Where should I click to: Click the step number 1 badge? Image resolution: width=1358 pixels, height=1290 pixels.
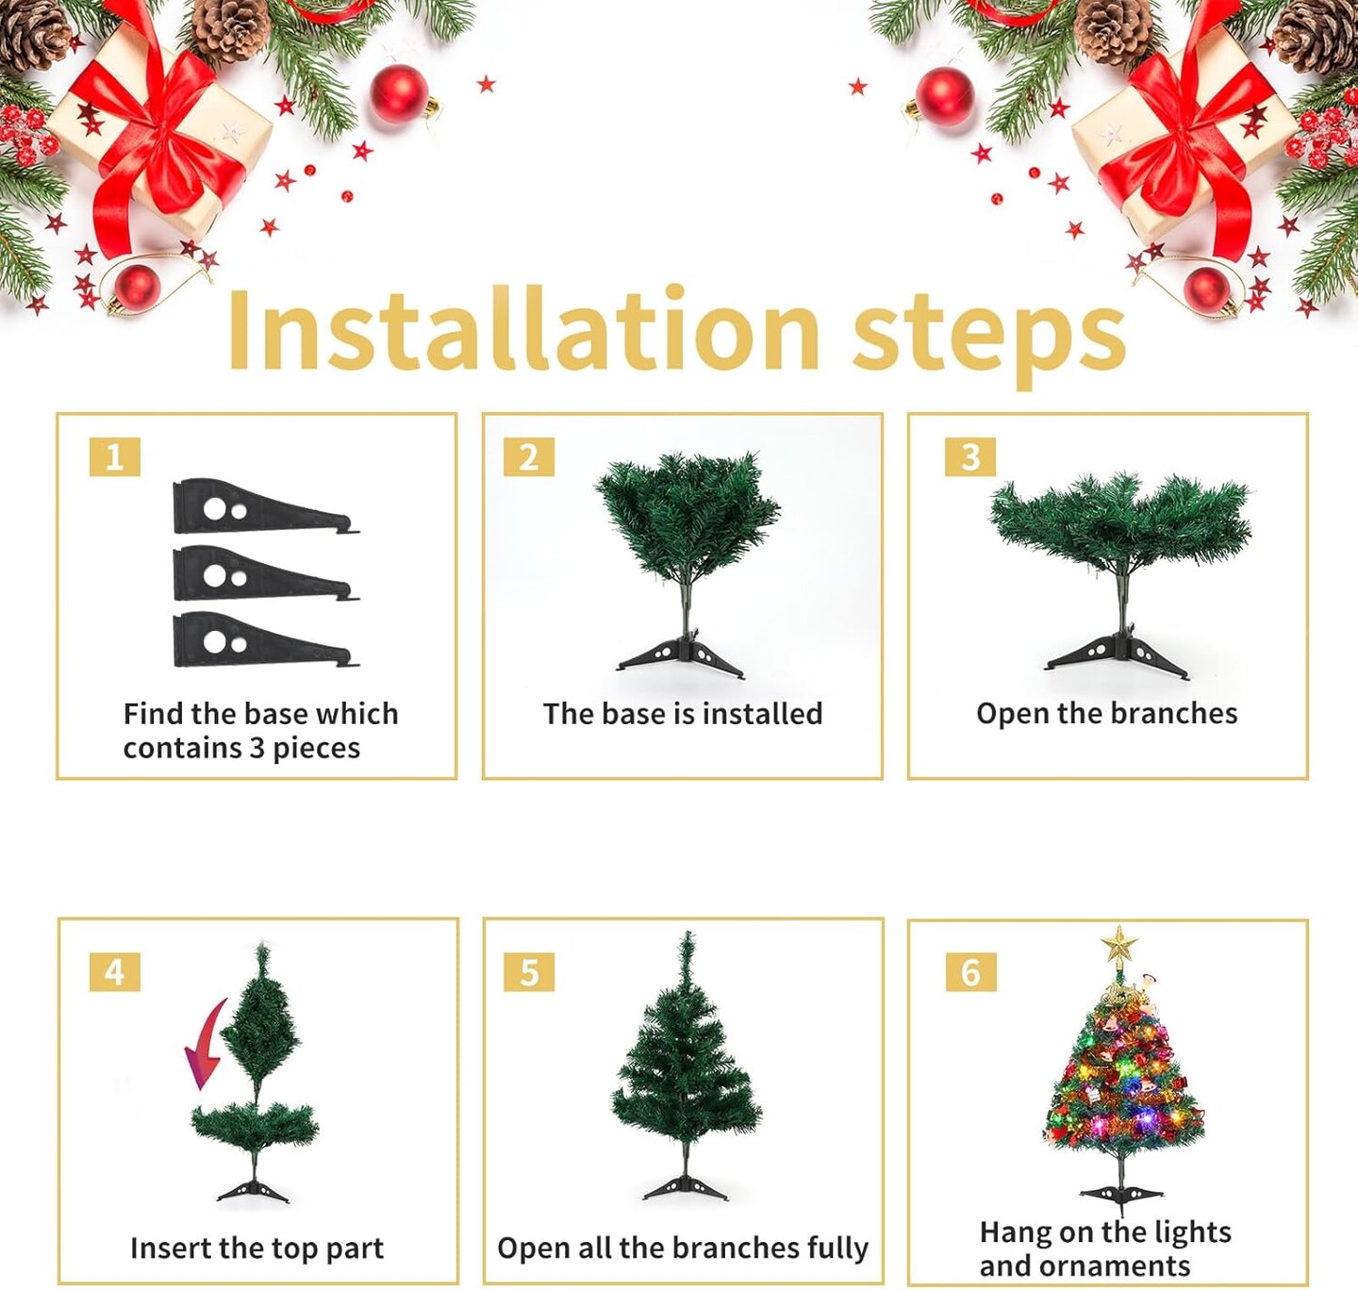pyautogui.click(x=115, y=457)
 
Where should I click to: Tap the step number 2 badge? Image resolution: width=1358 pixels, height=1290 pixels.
pyautogui.click(x=529, y=457)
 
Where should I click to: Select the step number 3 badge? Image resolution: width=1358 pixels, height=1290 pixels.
pyautogui.click(x=970, y=457)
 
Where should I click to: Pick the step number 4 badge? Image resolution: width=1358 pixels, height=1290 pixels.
pyautogui.click(x=115, y=972)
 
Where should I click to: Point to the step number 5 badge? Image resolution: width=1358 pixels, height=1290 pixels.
pyautogui.click(x=529, y=972)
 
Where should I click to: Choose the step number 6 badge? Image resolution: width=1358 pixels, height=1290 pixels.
pyautogui.click(x=970, y=972)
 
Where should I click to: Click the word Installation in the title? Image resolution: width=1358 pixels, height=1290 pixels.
pyautogui.click(x=523, y=330)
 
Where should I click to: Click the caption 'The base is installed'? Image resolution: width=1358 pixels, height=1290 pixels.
pyautogui.click(x=683, y=714)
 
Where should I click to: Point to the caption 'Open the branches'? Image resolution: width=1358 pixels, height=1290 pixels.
pyautogui.click(x=1106, y=714)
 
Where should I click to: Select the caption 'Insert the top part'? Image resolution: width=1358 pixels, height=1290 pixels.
pyautogui.click(x=257, y=1249)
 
